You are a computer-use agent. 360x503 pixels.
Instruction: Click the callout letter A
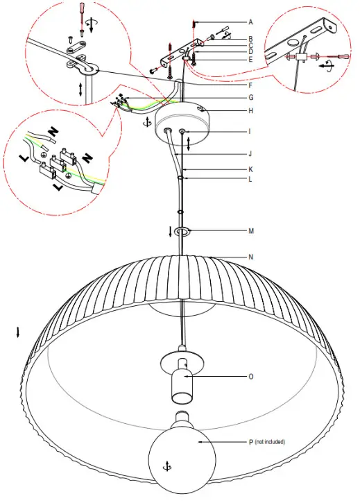coord(250,22)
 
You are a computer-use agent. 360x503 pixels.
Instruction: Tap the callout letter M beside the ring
coord(250,230)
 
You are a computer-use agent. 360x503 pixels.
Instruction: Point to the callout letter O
coord(250,377)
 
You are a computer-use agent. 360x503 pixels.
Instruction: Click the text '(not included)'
coord(270,441)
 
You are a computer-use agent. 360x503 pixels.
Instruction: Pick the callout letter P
coord(250,441)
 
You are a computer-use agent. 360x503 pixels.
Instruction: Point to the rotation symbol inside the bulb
coord(164,463)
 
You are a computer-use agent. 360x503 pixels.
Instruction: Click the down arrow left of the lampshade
coord(18,332)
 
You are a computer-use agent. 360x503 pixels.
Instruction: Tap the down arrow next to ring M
coord(169,230)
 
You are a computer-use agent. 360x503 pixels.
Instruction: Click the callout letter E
coord(250,59)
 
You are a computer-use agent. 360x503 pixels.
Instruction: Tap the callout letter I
coord(250,130)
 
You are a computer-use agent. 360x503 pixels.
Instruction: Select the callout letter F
coord(250,85)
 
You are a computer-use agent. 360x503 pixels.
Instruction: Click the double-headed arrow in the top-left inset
coord(83,89)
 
